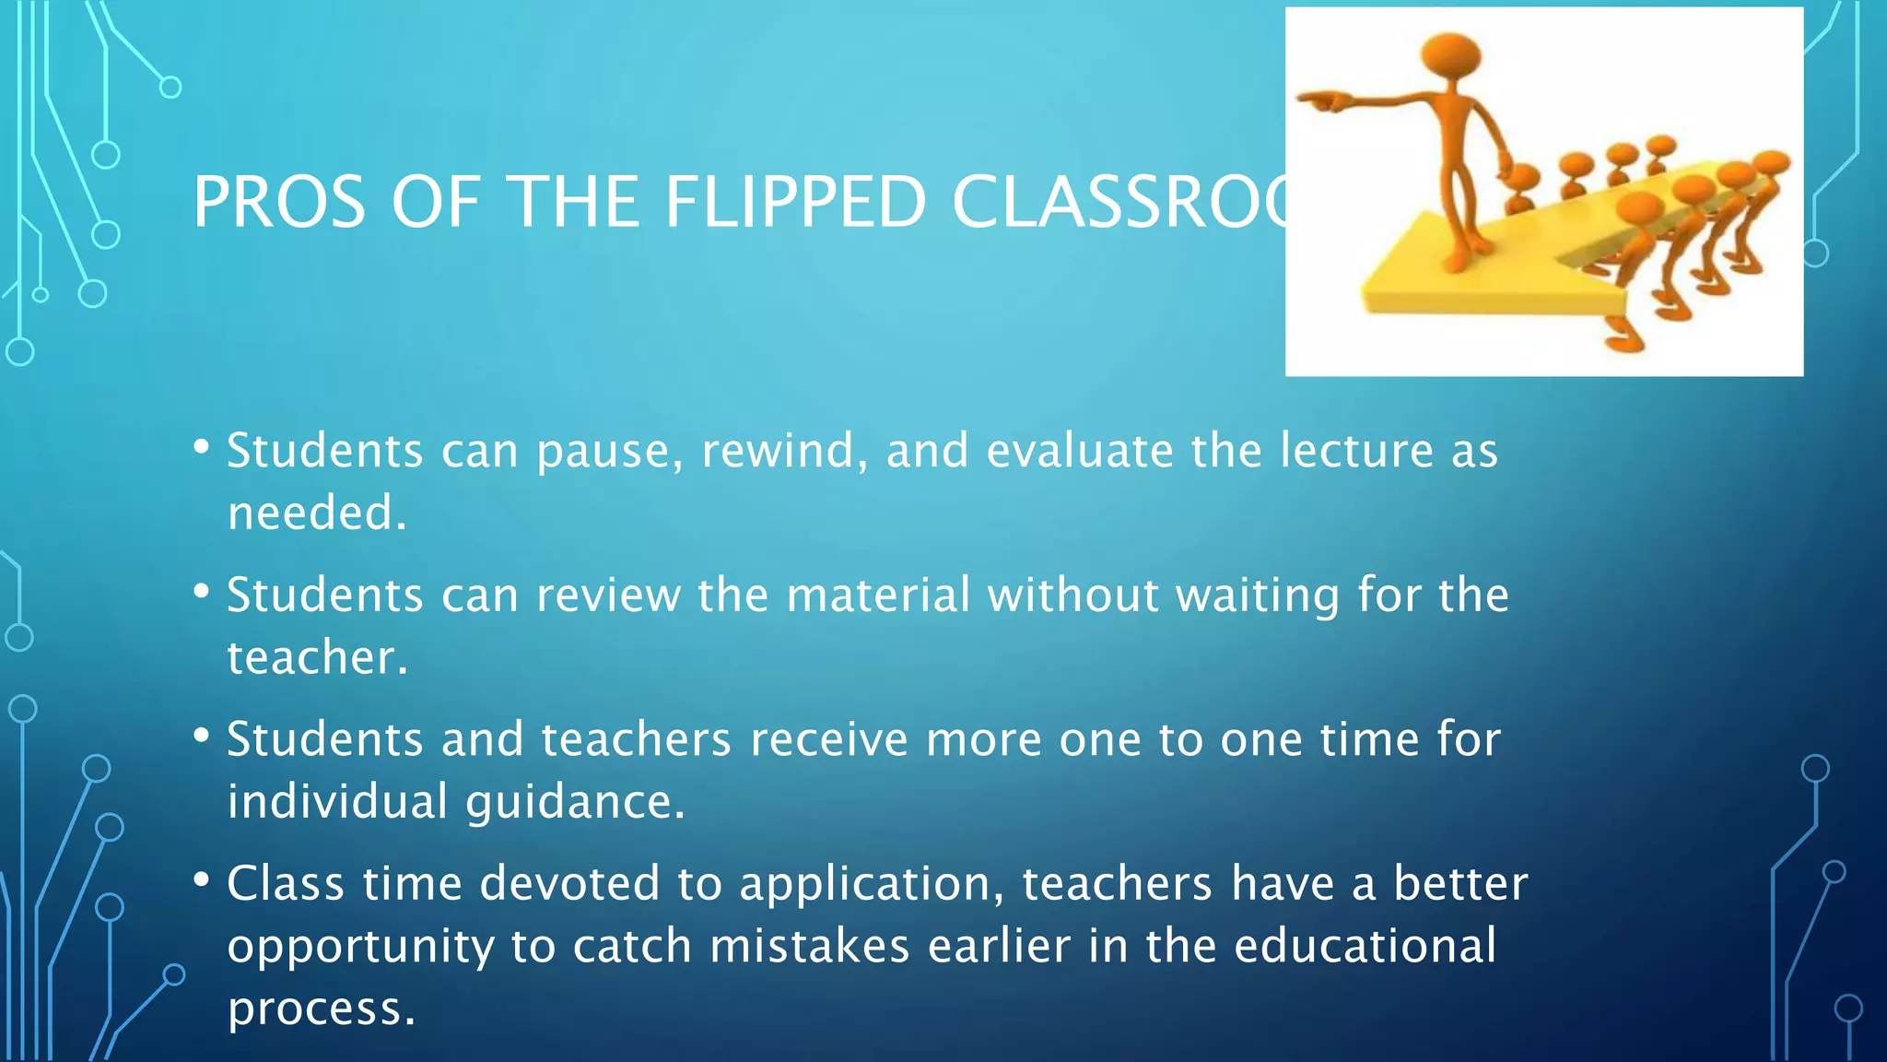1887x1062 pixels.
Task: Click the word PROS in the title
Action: [x=278, y=203]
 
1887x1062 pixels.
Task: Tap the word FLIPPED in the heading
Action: [x=794, y=203]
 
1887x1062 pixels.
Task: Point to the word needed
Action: [x=316, y=513]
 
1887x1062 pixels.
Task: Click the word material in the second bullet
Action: [x=878, y=595]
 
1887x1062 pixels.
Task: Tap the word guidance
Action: [x=575, y=801]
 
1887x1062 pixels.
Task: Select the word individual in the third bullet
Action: [x=337, y=801]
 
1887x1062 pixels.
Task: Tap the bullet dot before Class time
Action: [x=202, y=879]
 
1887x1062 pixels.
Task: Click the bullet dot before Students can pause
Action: [x=202, y=447]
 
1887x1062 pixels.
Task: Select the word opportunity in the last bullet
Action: [x=360, y=947]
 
